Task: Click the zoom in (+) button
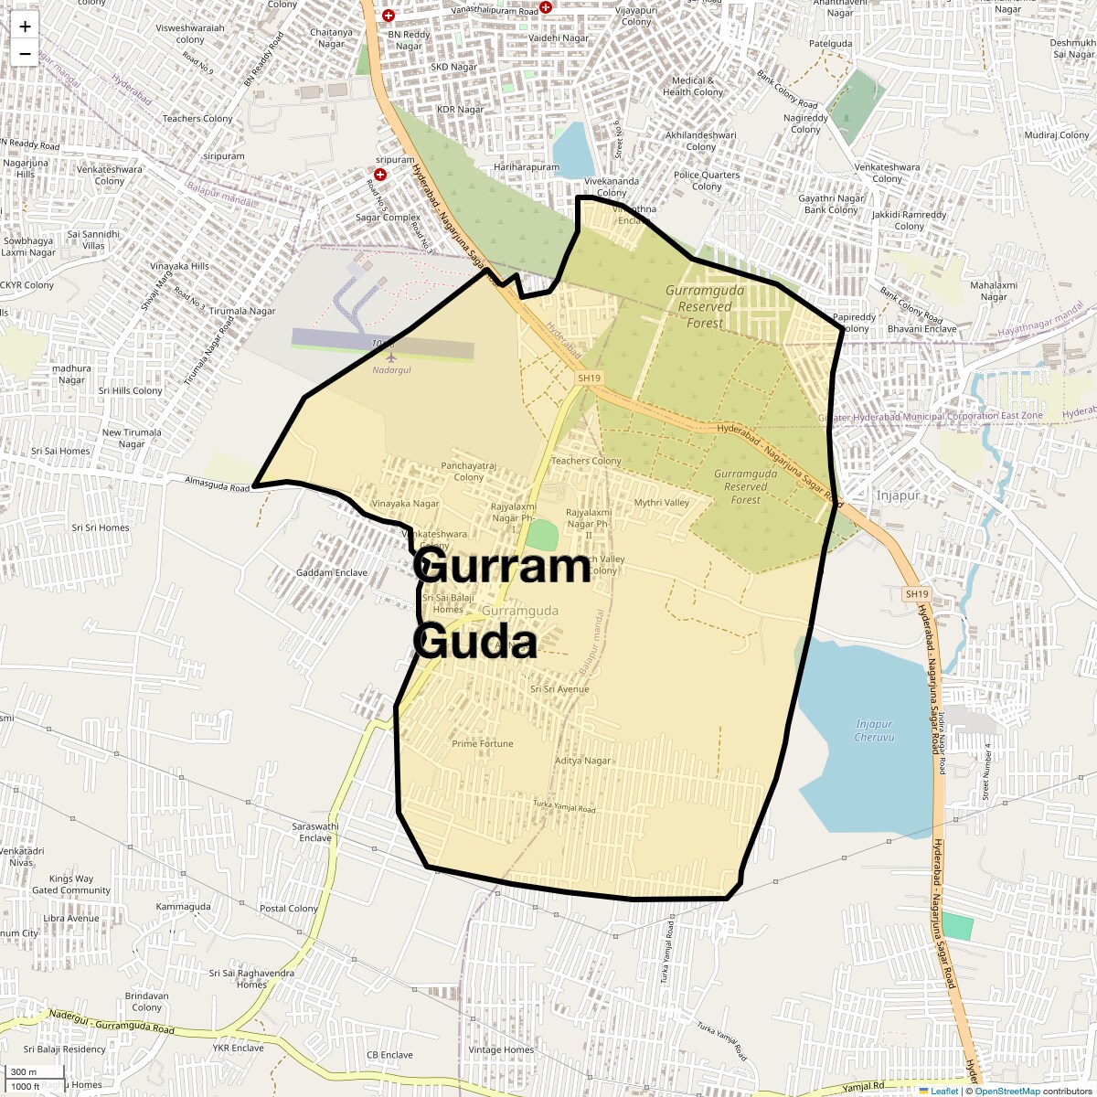tap(25, 27)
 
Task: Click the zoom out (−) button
tap(25, 54)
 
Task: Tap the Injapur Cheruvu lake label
tap(874, 730)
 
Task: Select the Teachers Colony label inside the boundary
tap(586, 461)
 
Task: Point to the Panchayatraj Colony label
tap(468, 472)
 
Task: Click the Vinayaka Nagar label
tap(405, 504)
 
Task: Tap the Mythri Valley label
tap(662, 503)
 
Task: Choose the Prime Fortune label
tap(483, 744)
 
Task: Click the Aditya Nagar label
tap(582, 761)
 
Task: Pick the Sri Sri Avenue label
tap(559, 689)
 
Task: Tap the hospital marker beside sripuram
tap(379, 174)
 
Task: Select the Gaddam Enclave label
tap(332, 573)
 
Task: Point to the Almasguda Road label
tap(217, 484)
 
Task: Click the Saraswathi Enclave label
tap(315, 832)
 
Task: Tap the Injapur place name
tap(898, 495)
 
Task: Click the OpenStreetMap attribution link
tap(1006, 1091)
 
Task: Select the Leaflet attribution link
tap(944, 1091)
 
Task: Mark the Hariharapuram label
tap(526, 167)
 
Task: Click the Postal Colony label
tap(289, 909)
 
